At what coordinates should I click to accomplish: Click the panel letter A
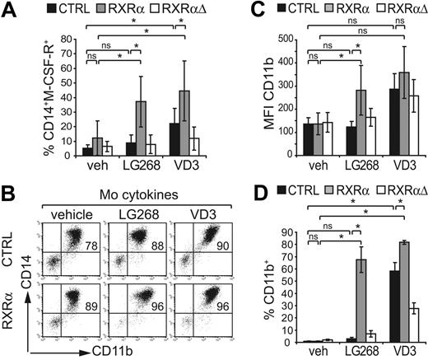click(8, 9)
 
